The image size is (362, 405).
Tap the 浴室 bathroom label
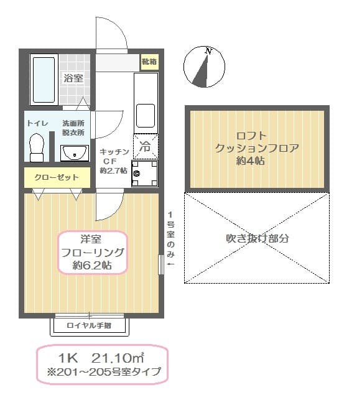click(x=74, y=78)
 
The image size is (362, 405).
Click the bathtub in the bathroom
click(x=43, y=81)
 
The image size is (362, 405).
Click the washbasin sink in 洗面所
click(x=75, y=152)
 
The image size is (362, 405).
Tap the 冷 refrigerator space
click(x=145, y=147)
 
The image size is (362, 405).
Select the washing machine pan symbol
click(x=144, y=173)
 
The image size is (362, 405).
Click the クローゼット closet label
click(x=56, y=177)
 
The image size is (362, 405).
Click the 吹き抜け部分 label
click(x=257, y=238)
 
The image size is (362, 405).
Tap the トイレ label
click(x=37, y=123)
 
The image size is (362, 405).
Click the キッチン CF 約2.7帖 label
click(x=114, y=161)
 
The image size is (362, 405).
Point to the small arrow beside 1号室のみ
click(x=171, y=265)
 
